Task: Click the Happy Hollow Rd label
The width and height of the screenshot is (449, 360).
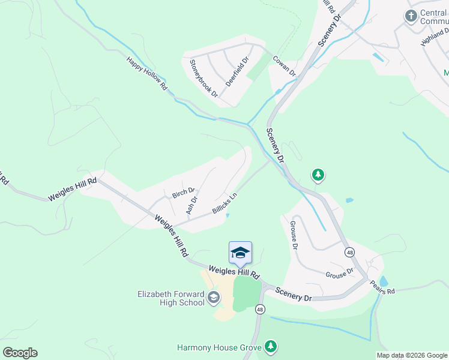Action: pyautogui.click(x=146, y=74)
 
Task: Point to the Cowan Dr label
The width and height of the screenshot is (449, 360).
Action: pyautogui.click(x=285, y=66)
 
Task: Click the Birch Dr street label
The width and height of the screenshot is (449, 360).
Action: pyautogui.click(x=184, y=193)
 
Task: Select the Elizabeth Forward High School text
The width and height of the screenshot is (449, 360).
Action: pyautogui.click(x=172, y=298)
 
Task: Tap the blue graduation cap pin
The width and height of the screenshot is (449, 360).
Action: pyautogui.click(x=240, y=252)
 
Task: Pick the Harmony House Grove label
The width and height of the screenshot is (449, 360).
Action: pyautogui.click(x=219, y=347)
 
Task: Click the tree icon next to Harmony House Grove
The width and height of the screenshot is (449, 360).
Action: pyautogui.click(x=271, y=347)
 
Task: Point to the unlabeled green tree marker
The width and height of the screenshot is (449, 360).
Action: pyautogui.click(x=318, y=175)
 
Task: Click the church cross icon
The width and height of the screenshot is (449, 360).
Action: pyautogui.click(x=411, y=16)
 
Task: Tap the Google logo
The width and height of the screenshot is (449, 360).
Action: pyautogui.click(x=20, y=352)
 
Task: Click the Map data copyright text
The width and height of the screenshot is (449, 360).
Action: pyautogui.click(x=412, y=355)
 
